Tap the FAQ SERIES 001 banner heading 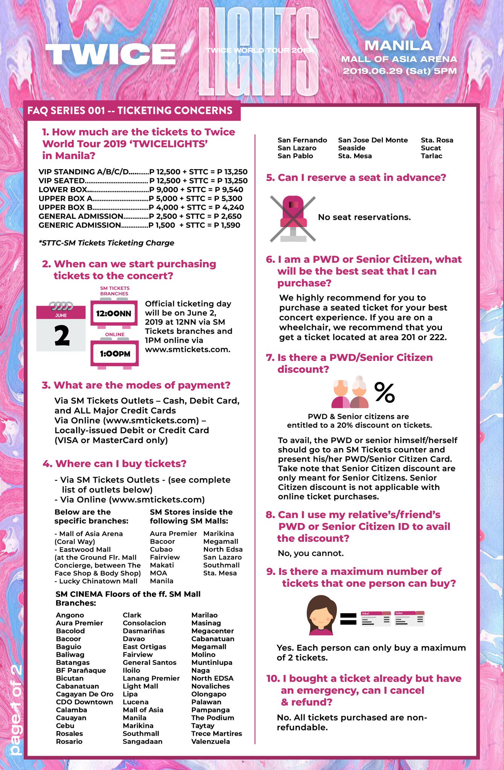click(x=130, y=111)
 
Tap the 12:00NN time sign click(x=114, y=313)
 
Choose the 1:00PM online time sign click(x=115, y=354)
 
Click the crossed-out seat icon click(x=293, y=218)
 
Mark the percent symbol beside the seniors click(x=384, y=393)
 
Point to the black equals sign click(x=348, y=619)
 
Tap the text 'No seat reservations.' click(x=364, y=217)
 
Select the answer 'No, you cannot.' click(x=311, y=553)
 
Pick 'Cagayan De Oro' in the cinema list click(x=85, y=694)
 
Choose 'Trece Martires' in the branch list click(x=216, y=734)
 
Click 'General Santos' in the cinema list click(x=149, y=662)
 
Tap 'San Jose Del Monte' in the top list click(x=373, y=140)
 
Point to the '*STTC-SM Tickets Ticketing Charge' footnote click(x=107, y=243)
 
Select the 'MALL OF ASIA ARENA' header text click(x=399, y=59)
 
